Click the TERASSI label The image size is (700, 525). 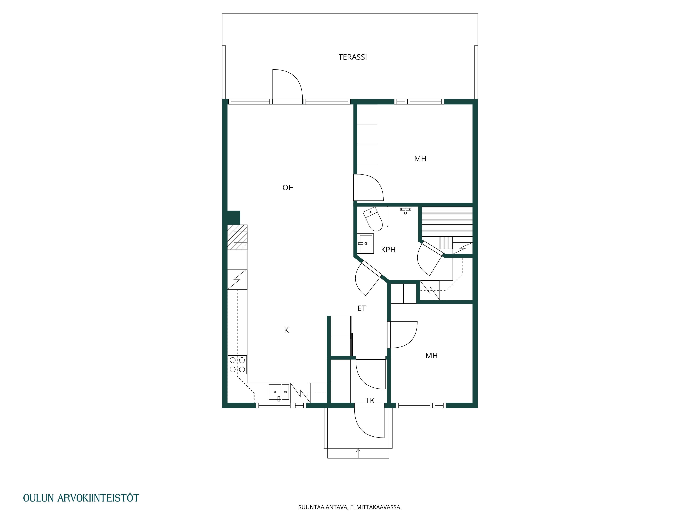[352, 57]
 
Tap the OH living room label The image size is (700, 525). [288, 188]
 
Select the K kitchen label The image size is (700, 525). [286, 330]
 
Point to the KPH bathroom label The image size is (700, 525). [388, 250]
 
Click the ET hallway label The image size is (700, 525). [362, 308]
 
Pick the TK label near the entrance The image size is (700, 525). [370, 400]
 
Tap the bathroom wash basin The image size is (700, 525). [366, 243]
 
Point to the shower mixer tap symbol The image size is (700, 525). [405, 211]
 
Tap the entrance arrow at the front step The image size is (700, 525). [358, 453]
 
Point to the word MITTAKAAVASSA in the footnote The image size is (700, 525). [379, 507]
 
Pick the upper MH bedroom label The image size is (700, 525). [420, 159]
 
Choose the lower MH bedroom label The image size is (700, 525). [432, 356]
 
